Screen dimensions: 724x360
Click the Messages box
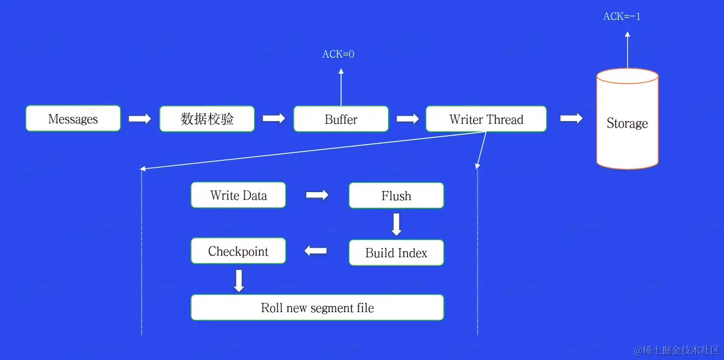coord(73,118)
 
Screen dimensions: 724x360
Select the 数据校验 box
coord(207,118)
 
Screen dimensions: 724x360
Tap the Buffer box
coord(341,118)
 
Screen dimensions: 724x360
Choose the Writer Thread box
coord(486,118)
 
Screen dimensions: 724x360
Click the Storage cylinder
coord(627,118)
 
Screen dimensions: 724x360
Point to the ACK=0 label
coord(338,54)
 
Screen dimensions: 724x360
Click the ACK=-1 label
coord(622,16)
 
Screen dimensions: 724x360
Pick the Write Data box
coord(238,195)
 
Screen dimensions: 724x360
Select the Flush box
coord(396,195)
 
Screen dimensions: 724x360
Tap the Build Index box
coord(396,252)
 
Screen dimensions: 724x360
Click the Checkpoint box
coord(238,251)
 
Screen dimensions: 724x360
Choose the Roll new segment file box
coord(317,307)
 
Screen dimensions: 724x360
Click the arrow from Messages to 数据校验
coord(139,118)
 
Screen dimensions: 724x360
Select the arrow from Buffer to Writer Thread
coord(407,118)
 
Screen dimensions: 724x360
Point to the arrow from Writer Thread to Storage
coord(572,118)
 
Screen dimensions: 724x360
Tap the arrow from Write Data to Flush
coord(317,195)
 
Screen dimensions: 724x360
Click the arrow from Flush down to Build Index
coord(396,224)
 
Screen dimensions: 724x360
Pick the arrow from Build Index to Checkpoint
coord(315,251)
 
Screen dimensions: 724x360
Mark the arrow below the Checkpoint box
coord(239,281)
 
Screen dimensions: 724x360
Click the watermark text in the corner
coord(676,350)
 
